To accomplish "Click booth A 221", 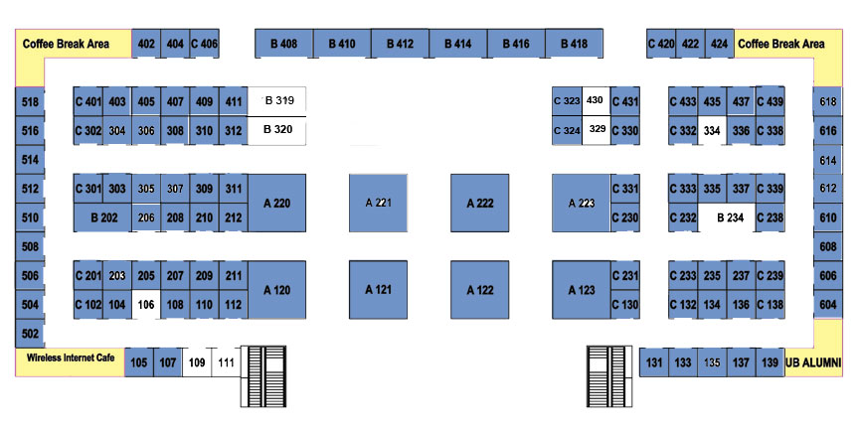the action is point(378,203).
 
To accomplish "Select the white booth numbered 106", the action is point(146,304).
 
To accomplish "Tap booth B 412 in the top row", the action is point(400,44).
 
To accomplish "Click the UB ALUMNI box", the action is point(813,362).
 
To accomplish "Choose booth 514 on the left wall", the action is point(30,160).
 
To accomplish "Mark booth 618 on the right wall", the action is point(828,101).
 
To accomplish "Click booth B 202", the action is point(103,217).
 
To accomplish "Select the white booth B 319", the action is point(277,101).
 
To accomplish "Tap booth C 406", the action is point(205,44).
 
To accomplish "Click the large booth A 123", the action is point(582,290).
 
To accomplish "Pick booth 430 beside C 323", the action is point(596,101).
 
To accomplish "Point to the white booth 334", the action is point(712,131).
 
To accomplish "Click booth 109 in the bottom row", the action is point(197,362).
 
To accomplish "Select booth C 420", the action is point(661,44).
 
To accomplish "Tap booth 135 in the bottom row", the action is point(712,362).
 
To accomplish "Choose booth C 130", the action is point(625,304).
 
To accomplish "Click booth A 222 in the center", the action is point(480,203).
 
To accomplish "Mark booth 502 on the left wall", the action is point(30,334).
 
